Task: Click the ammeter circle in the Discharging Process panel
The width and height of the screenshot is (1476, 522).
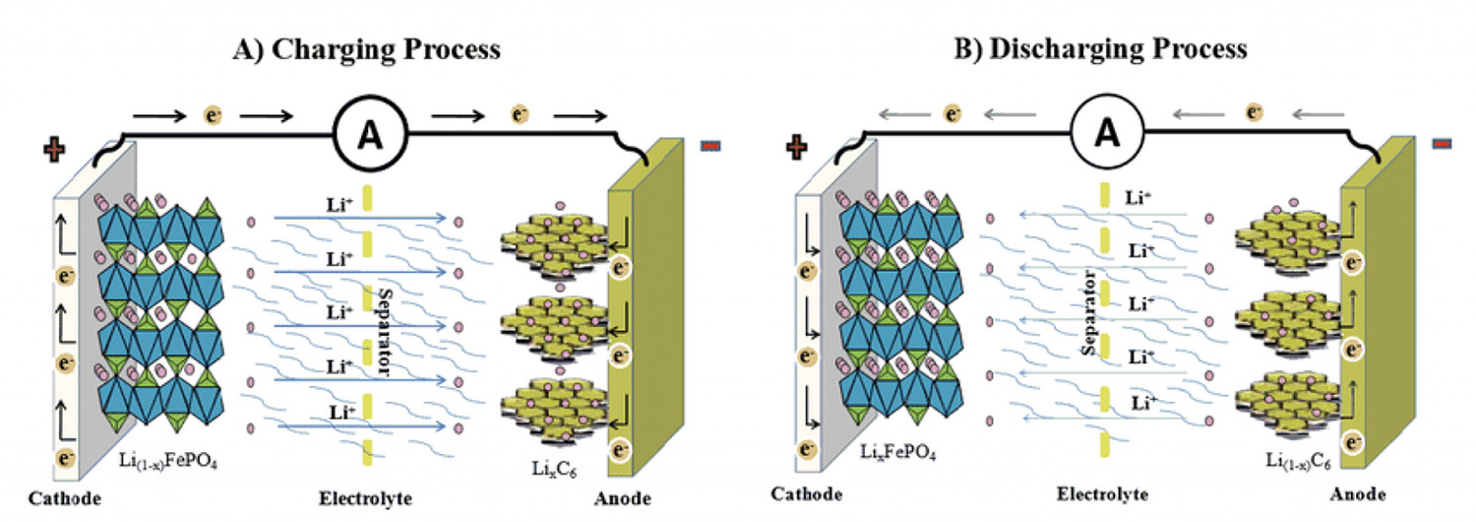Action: pyautogui.click(x=1109, y=129)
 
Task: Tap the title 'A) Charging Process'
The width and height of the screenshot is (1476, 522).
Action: pyautogui.click(x=366, y=49)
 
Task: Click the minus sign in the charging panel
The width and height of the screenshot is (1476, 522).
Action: pyautogui.click(x=709, y=146)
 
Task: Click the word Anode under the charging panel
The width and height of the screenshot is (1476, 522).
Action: pyautogui.click(x=621, y=498)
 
